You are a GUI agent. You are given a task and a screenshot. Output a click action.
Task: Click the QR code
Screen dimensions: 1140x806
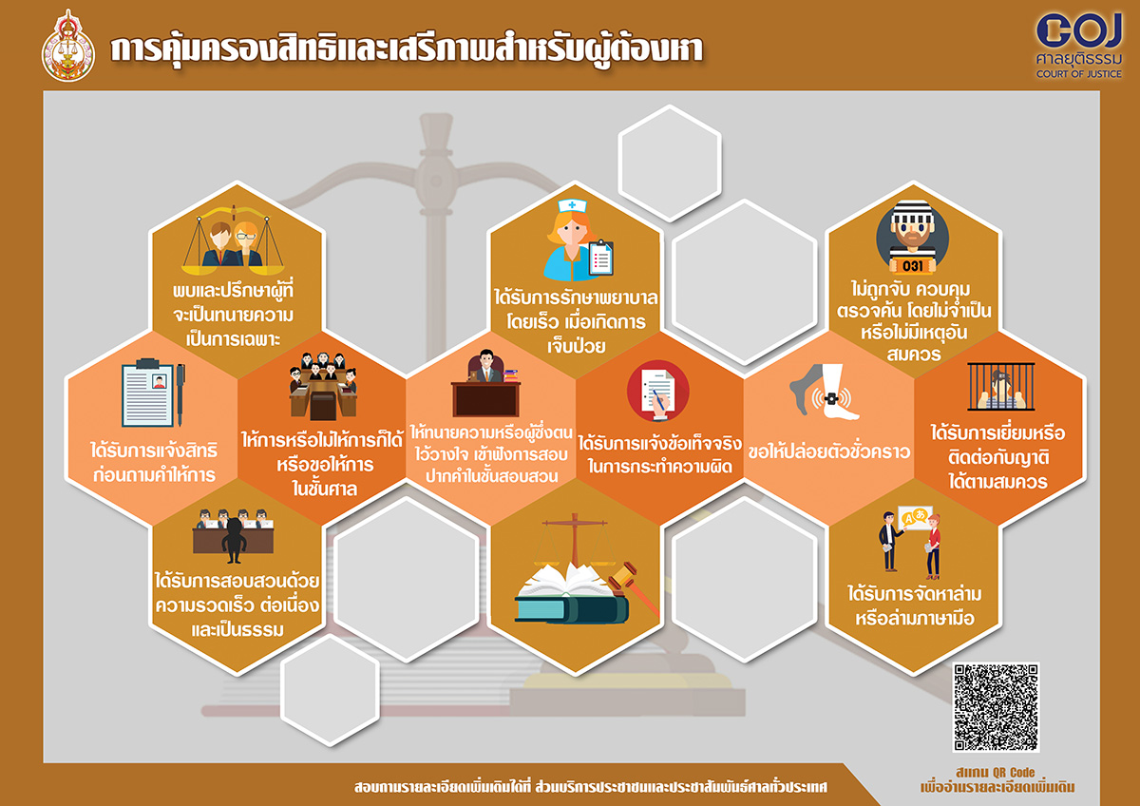pos(996,707)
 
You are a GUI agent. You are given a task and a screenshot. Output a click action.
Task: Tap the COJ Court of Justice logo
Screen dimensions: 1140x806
pos(1079,46)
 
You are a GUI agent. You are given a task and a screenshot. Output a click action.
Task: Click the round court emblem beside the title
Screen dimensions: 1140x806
pos(67,47)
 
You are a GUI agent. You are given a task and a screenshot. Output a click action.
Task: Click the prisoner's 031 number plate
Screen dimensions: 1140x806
pos(912,266)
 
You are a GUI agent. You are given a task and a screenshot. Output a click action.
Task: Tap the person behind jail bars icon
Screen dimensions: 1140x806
pos(1001,387)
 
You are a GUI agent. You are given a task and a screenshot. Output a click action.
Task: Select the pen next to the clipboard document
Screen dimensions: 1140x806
pos(180,394)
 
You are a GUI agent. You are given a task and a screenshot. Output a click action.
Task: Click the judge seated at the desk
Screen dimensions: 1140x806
pos(486,366)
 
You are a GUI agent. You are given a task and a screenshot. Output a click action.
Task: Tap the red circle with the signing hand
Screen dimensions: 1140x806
pos(658,391)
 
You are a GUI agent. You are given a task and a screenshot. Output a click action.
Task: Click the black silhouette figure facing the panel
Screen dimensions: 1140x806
pos(234,540)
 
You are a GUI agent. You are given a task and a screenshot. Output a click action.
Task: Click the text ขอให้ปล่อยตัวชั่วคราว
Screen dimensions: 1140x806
pos(828,451)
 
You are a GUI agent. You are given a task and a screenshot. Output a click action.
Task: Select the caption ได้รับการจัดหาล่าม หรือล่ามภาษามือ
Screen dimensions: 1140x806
pos(914,605)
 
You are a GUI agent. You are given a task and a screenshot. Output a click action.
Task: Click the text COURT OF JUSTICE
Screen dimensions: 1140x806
pos(1079,74)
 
